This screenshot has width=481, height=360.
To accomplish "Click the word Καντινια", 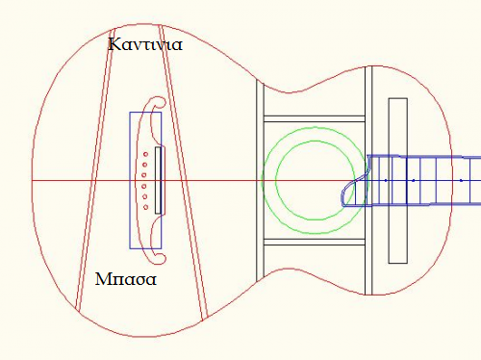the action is point(145,44).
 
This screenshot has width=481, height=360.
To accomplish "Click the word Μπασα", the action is point(126,278).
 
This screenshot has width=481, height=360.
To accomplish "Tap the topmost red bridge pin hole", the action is point(145,154).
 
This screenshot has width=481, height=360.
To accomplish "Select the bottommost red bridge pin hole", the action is point(145,207).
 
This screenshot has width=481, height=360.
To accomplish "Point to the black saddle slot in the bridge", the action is point(158,180).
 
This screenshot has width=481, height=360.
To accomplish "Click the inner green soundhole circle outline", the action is point(276,180).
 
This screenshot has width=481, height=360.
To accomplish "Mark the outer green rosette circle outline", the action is point(263,180).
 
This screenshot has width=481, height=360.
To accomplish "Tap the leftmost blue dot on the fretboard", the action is point(386,181).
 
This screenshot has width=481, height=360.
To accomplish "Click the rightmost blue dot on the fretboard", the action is point(461,181).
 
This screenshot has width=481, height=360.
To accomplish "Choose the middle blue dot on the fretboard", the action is point(414,181).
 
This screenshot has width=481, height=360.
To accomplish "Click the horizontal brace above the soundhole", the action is point(315,118).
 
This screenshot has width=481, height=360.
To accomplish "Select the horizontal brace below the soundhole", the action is point(315,242).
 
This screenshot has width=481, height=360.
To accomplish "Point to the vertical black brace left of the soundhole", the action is point(260,180).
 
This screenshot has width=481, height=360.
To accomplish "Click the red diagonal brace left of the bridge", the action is point(93,170).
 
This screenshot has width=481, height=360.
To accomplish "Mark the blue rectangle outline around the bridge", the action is point(130,180).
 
